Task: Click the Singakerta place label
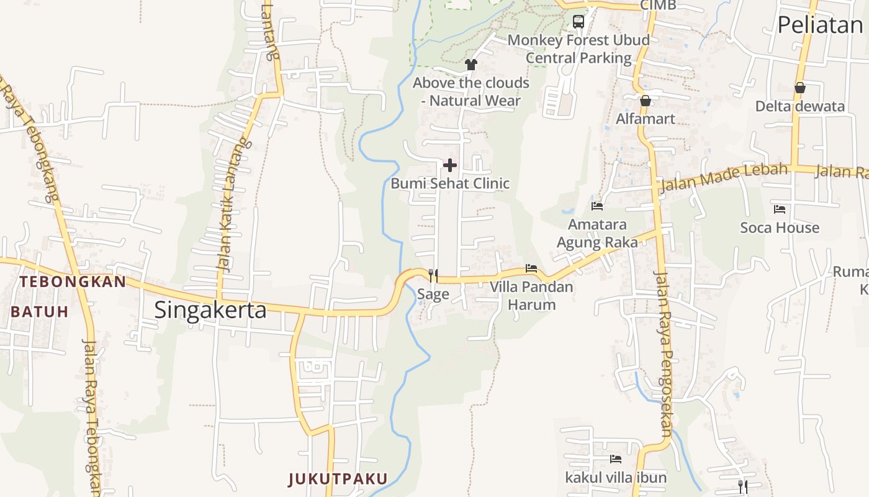(x=210, y=309)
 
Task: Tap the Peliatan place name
(x=820, y=25)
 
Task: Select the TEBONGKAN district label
(x=72, y=281)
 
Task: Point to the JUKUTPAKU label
(x=338, y=479)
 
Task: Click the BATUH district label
(x=39, y=312)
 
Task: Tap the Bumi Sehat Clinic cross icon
(x=450, y=165)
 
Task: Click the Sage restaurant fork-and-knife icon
(x=433, y=275)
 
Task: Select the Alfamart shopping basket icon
(x=646, y=101)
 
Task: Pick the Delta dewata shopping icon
(x=800, y=88)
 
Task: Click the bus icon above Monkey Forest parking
(x=579, y=22)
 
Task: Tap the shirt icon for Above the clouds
(x=471, y=65)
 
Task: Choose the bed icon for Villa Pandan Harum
(x=531, y=268)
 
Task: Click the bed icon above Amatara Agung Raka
(x=597, y=206)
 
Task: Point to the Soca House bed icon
(x=780, y=209)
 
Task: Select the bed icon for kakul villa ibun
(x=616, y=459)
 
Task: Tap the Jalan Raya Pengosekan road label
(x=664, y=354)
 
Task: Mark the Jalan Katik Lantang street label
(x=228, y=205)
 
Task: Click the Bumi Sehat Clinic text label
(x=450, y=184)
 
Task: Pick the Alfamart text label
(x=646, y=119)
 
